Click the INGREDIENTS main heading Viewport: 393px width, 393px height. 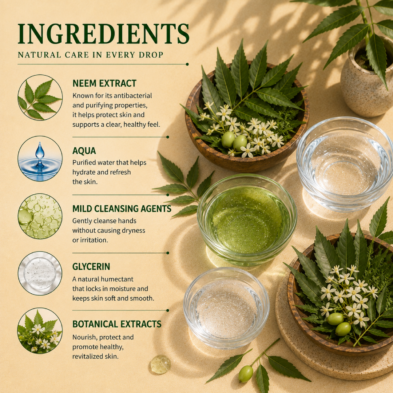click(103, 34)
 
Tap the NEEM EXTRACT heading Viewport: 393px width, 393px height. click(104, 83)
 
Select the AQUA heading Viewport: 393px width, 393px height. click(84, 151)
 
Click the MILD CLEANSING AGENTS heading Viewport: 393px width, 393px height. click(122, 209)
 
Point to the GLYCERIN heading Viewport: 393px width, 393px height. click(91, 266)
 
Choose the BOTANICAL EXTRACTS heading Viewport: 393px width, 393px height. click(117, 324)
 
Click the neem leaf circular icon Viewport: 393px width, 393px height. click(40, 97)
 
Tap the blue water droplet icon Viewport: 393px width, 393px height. click(40, 158)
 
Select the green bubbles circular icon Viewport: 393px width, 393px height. click(40, 216)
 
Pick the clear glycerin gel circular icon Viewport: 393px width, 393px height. click(40, 273)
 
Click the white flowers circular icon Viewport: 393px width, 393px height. click(40, 331)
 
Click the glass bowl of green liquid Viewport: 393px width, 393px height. click(247, 220)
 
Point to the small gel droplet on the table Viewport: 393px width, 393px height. click(160, 364)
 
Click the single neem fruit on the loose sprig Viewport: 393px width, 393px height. click(246, 374)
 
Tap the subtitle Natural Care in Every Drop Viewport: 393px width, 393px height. click(91, 55)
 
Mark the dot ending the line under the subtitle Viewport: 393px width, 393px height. click(187, 64)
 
